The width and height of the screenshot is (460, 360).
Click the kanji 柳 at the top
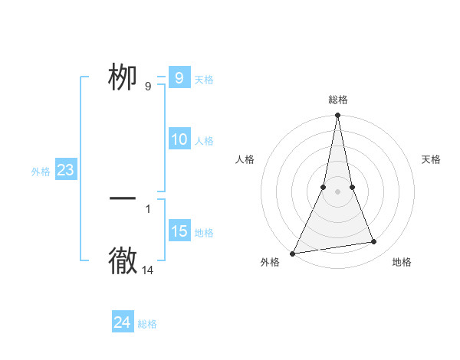click(x=123, y=77)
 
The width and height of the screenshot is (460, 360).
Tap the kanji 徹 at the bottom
click(x=123, y=261)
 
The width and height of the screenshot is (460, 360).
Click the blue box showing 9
click(x=179, y=78)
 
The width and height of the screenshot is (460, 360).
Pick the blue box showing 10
click(x=179, y=139)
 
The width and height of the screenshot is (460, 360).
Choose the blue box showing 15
click(x=179, y=231)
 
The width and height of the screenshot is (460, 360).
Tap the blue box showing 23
click(x=65, y=170)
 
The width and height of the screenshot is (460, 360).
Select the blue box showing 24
click(x=122, y=322)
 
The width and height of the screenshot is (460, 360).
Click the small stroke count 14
click(x=148, y=270)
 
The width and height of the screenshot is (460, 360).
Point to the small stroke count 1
click(x=148, y=208)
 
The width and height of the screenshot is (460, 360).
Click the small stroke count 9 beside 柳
click(x=148, y=87)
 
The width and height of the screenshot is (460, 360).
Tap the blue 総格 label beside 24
click(x=147, y=324)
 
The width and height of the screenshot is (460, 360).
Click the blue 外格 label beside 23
click(x=41, y=172)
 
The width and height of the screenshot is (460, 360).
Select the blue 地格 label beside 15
click(x=204, y=233)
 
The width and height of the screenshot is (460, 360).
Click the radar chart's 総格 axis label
click(x=337, y=100)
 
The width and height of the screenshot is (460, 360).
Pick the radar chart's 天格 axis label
click(x=432, y=159)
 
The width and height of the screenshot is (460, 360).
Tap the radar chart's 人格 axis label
click(x=245, y=159)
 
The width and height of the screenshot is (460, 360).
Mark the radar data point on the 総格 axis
click(x=337, y=116)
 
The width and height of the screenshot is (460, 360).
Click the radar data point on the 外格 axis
click(x=292, y=254)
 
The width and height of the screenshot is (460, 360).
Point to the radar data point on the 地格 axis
click(x=374, y=242)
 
